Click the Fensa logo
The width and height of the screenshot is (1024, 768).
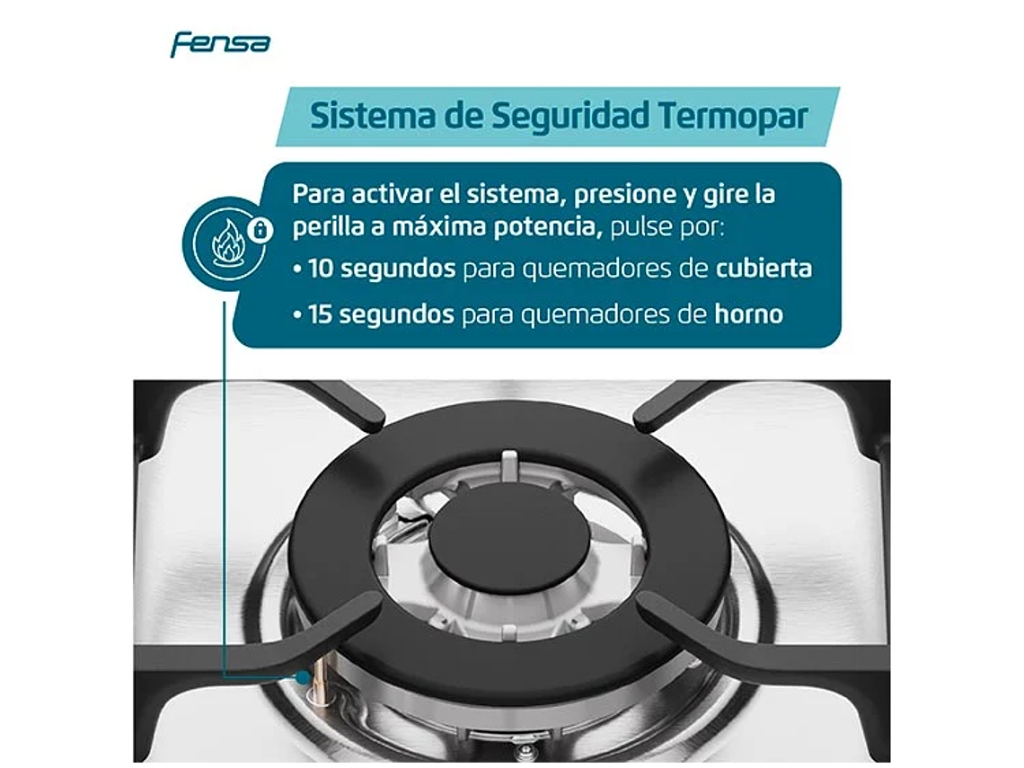[220, 43]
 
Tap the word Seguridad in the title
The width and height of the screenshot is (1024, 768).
[561, 117]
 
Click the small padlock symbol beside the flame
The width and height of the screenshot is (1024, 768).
[260, 231]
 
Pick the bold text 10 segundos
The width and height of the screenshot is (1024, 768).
[382, 269]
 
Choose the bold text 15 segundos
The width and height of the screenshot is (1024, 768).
[381, 314]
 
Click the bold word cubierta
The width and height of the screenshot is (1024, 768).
[764, 269]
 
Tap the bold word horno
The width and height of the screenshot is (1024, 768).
[748, 314]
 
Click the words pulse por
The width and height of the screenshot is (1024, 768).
[666, 226]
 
